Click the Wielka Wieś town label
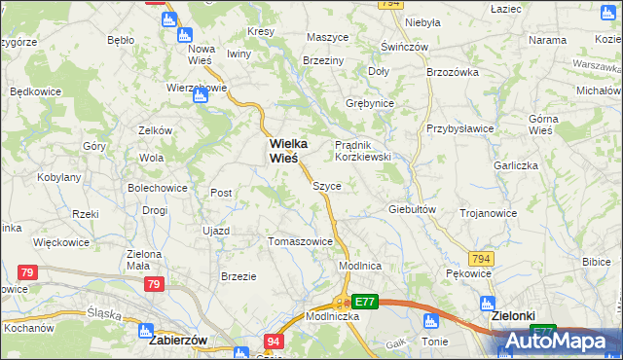(281, 149)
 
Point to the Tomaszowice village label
(300, 241)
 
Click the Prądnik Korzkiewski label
(363, 150)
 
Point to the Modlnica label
(359, 266)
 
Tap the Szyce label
(326, 185)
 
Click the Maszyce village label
(327, 37)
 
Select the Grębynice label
(369, 102)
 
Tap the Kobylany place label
(58, 177)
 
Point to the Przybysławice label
(459, 128)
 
